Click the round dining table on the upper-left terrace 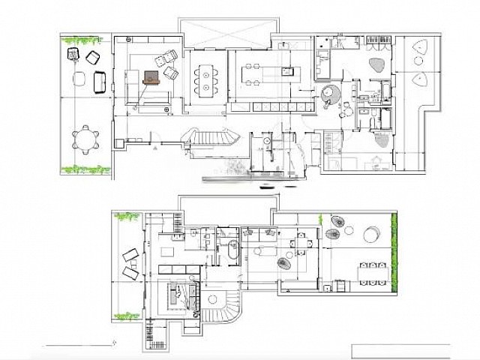[x=85, y=138]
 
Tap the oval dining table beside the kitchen [x=205, y=76]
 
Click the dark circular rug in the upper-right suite [x=331, y=96]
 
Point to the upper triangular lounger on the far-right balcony [x=418, y=51]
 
